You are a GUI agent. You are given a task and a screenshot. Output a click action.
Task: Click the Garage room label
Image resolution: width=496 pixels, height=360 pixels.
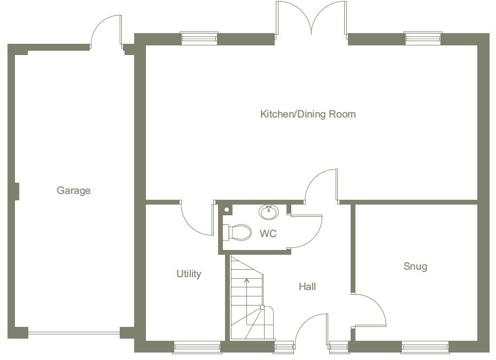(x=74, y=191)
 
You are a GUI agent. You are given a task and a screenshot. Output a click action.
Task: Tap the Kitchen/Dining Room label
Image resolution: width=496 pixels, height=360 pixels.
(x=307, y=114)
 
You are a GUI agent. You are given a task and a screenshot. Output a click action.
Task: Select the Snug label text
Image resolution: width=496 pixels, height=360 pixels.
(x=415, y=266)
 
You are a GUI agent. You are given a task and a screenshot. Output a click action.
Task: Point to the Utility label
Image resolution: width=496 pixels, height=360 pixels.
(x=189, y=274)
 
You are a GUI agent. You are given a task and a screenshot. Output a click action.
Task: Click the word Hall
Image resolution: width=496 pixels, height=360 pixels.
(x=307, y=287)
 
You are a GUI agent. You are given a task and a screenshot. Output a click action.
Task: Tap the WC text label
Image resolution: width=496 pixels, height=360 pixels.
(x=268, y=234)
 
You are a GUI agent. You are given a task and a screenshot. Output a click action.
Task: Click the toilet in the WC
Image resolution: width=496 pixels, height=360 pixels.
(x=237, y=232)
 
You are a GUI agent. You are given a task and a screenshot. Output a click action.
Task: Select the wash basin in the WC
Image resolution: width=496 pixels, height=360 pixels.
(x=268, y=212)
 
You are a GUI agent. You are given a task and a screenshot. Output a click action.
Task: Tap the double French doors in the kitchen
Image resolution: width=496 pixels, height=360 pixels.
(x=311, y=19)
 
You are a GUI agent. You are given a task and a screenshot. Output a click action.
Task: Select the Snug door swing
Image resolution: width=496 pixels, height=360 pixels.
(x=370, y=311)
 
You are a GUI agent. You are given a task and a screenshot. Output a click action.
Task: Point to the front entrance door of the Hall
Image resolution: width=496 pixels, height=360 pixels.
(x=311, y=327)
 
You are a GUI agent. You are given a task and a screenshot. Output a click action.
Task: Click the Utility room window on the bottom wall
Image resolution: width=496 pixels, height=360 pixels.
(x=197, y=348)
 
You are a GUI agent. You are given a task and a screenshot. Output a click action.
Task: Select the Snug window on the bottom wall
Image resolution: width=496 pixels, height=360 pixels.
(x=425, y=348)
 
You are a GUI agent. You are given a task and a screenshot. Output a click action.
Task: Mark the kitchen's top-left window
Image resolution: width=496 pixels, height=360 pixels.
(x=199, y=38)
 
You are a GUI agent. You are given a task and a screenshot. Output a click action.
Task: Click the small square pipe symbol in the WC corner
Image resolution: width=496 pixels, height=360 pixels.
(x=227, y=210)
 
